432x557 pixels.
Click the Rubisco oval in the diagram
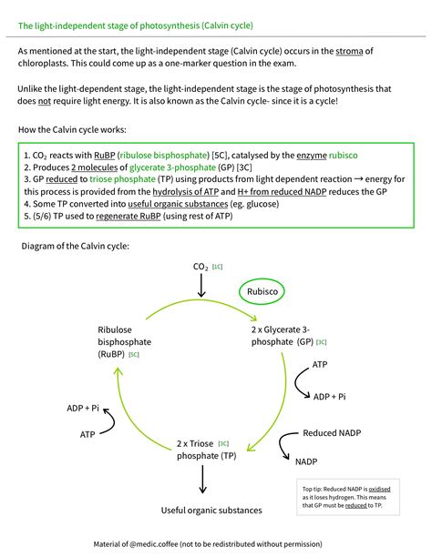point(262,291)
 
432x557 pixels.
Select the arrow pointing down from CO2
point(201,284)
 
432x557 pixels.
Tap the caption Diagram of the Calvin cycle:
point(80,246)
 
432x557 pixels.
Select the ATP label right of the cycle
point(320,364)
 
